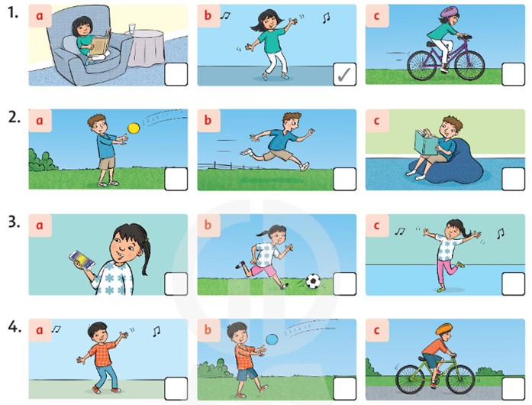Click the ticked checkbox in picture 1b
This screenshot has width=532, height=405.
[x=345, y=74]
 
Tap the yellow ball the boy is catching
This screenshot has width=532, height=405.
[x=134, y=128]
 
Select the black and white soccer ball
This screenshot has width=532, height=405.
[x=313, y=281]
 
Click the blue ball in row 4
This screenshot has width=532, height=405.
[x=272, y=339]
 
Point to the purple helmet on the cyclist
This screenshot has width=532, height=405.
[x=450, y=12]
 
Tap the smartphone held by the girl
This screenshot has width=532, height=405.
[x=82, y=260]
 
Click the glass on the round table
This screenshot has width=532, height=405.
[x=132, y=28]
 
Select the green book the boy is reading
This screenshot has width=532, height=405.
[x=425, y=142]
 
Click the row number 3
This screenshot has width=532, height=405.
[x=14, y=222]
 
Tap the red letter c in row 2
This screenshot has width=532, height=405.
[x=376, y=120]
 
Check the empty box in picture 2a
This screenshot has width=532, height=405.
[x=176, y=179]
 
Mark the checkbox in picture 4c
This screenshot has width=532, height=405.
[x=514, y=388]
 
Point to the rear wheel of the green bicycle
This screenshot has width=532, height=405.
[x=411, y=379]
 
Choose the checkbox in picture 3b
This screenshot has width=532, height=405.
[x=345, y=283]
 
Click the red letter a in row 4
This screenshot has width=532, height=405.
[x=40, y=330]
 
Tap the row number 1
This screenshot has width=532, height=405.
[x=13, y=12]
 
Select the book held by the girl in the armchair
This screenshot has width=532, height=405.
[x=101, y=43]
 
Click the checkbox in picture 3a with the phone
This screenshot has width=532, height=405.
[x=176, y=283]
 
